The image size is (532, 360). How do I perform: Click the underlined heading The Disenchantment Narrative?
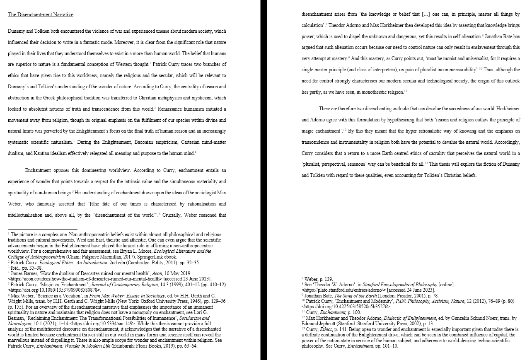41,14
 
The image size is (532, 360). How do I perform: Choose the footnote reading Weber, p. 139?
319,279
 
